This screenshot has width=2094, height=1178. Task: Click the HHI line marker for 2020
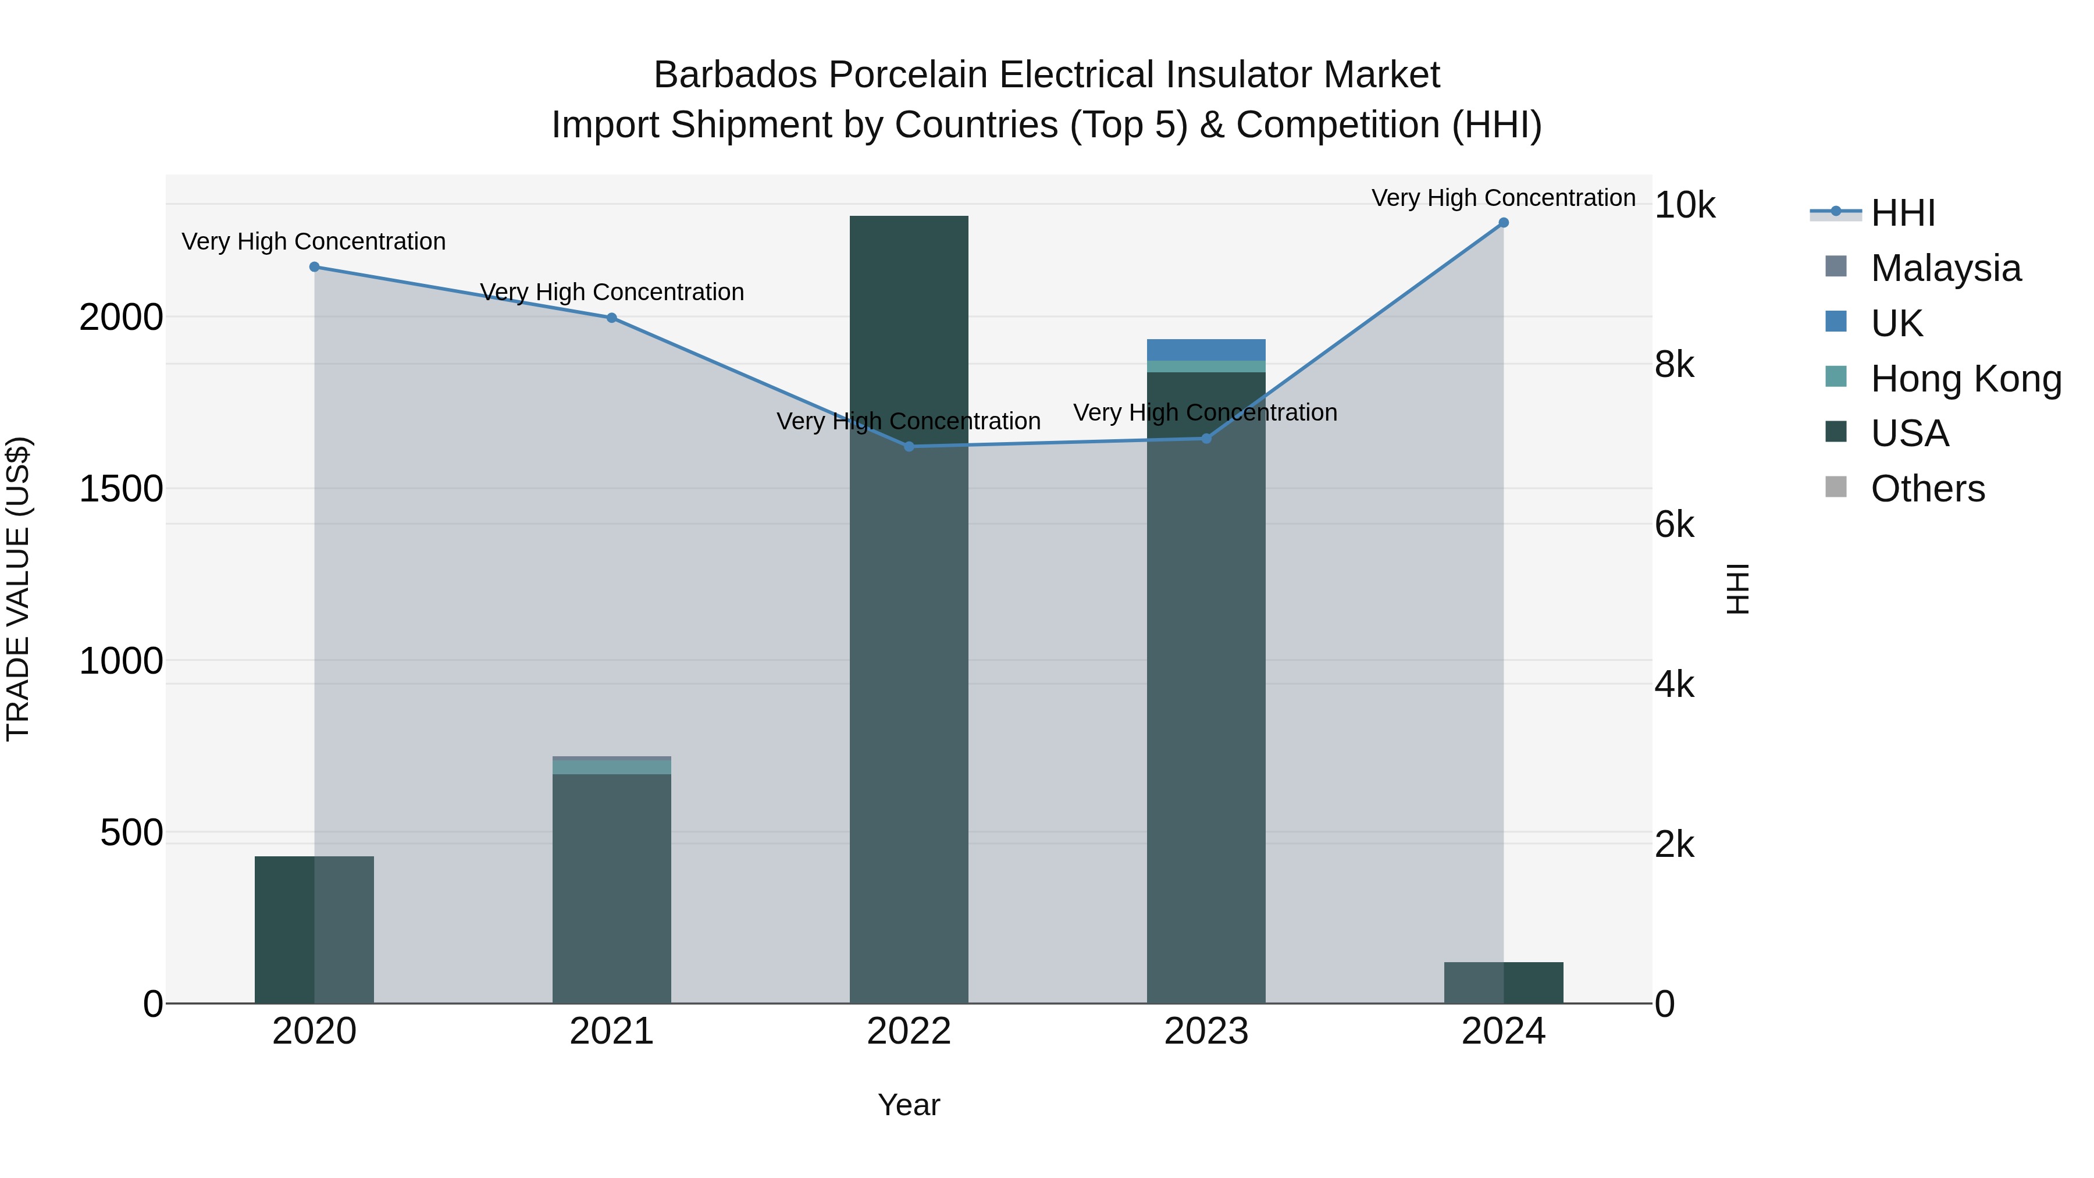click(315, 266)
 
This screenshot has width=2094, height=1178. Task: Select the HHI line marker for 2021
click(611, 318)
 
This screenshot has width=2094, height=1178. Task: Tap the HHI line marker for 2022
click(909, 446)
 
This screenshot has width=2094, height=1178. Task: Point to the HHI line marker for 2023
click(1206, 438)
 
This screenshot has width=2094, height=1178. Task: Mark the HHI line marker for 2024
click(1503, 223)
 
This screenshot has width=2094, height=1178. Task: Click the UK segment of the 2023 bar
click(1206, 350)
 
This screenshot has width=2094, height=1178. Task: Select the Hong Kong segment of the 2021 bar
click(611, 767)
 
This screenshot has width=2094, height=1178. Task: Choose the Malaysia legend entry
click(1945, 268)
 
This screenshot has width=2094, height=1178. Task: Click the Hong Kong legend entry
click(1965, 379)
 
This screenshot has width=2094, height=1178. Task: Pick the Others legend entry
click(1928, 489)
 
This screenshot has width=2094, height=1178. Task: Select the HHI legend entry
click(1902, 213)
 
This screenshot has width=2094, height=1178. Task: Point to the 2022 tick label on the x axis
click(909, 1031)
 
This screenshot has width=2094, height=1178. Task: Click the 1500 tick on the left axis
click(121, 489)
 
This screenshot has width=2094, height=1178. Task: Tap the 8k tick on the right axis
click(1675, 365)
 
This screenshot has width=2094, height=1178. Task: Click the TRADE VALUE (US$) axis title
click(18, 589)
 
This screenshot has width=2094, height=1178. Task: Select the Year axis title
click(909, 1105)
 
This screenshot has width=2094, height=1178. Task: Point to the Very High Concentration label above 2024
click(1503, 198)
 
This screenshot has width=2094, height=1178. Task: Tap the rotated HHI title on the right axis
click(1737, 589)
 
